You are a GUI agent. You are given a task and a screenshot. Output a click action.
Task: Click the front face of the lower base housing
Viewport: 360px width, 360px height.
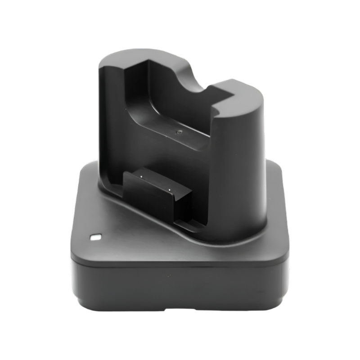point(180,283)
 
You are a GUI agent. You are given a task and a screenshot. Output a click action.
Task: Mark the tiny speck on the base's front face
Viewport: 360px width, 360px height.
point(169,274)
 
